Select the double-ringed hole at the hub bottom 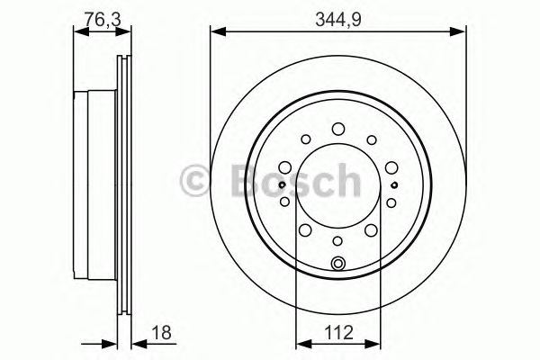tap(338, 263)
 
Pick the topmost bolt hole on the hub tap(338, 129)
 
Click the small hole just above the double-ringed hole tap(338, 241)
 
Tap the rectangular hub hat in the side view tap(94, 184)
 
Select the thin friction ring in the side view tap(124, 184)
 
